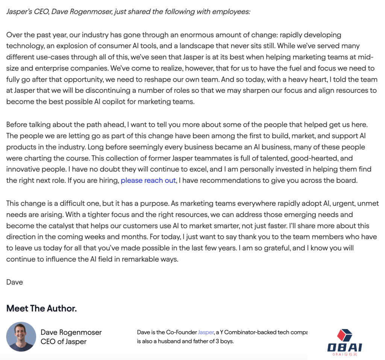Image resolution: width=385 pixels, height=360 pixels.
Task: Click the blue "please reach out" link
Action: click(x=148, y=181)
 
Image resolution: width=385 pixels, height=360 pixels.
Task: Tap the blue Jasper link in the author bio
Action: click(x=206, y=332)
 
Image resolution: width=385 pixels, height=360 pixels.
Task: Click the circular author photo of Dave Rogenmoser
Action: click(x=21, y=337)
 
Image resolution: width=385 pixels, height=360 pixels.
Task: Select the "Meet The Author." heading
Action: click(x=41, y=308)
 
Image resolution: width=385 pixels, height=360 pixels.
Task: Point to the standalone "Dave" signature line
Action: click(x=15, y=282)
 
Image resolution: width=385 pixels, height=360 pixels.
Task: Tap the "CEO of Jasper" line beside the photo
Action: click(x=64, y=342)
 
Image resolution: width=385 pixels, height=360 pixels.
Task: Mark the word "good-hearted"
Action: click(x=312, y=158)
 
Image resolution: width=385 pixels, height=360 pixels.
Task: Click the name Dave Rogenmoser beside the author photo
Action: click(x=71, y=332)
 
